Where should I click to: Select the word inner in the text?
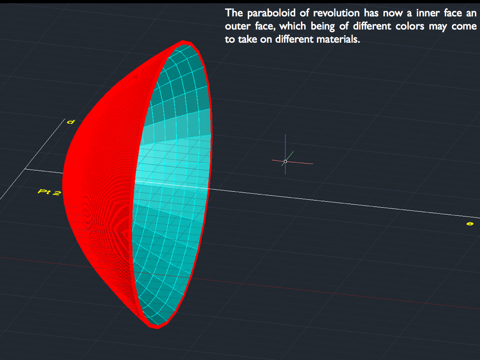(427, 13)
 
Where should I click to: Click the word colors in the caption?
(410, 26)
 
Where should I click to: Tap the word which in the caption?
(292, 26)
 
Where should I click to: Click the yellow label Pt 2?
(49, 192)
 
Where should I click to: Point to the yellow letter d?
(71, 122)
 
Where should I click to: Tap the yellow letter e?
(470, 224)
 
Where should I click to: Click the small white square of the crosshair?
(285, 161)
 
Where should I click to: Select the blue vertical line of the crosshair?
(285, 154)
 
